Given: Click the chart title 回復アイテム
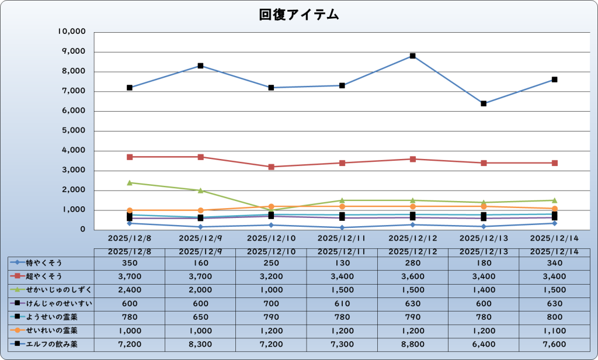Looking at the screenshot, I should click(x=299, y=15).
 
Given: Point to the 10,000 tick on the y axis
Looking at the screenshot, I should click(x=72, y=32).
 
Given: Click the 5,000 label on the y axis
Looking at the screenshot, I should click(x=75, y=131).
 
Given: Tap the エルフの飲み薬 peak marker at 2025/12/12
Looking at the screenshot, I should click(x=412, y=56).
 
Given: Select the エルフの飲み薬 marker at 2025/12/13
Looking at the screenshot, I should click(x=484, y=103).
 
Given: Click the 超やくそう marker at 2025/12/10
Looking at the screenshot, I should click(x=271, y=167).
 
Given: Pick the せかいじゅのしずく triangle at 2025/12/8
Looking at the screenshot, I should click(x=129, y=183).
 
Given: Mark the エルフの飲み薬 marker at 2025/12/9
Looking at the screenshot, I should click(x=200, y=66).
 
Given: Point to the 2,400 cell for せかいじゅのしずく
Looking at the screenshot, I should click(x=129, y=290).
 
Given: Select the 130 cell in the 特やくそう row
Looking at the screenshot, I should click(x=342, y=262).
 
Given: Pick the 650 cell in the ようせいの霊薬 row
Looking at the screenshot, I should click(x=200, y=317).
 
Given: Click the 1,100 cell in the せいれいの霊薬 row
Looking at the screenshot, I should click(x=554, y=331).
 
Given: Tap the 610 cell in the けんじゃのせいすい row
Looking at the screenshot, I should click(x=342, y=303).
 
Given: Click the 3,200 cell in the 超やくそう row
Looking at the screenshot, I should click(x=271, y=276).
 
